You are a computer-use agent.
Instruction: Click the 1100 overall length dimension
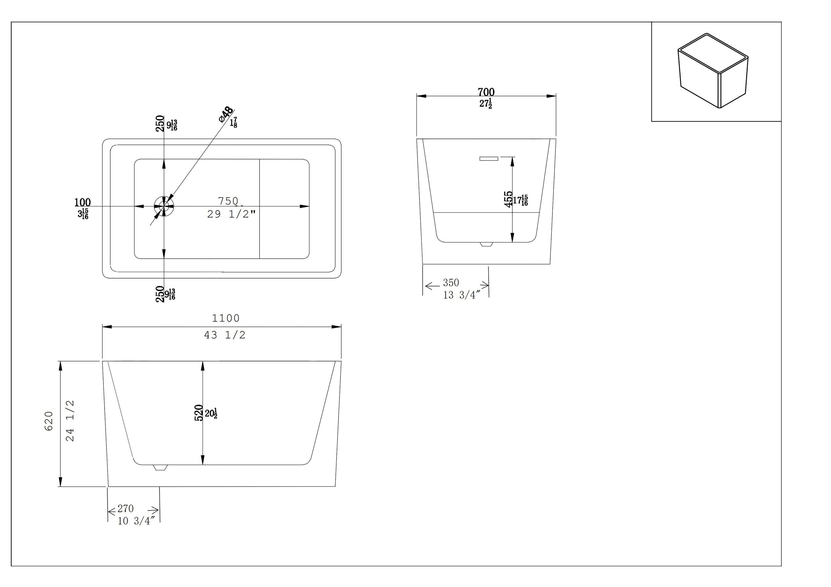225,318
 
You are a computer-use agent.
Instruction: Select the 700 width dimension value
486,92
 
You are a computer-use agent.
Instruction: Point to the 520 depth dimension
199,413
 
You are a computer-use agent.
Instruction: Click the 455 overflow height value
509,199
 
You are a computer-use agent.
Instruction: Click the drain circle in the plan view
164,207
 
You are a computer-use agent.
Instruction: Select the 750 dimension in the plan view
228,201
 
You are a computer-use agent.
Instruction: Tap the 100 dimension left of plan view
83,202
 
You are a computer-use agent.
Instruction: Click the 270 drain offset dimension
125,509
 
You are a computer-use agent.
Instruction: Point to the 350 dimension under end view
451,282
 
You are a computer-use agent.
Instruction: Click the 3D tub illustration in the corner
713,71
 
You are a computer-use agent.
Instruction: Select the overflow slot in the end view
489,158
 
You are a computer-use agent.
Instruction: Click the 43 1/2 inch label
225,335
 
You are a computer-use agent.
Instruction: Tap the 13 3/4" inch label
461,295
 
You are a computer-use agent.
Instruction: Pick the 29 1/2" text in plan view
232,215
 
